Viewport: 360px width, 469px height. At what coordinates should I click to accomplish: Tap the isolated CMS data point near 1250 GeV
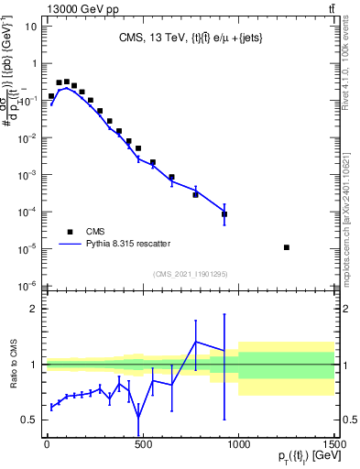(x=287, y=247)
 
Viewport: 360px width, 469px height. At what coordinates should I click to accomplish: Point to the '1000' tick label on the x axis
(x=238, y=444)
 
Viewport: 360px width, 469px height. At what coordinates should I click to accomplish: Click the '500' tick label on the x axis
(x=142, y=444)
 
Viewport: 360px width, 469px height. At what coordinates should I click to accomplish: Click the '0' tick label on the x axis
(x=47, y=444)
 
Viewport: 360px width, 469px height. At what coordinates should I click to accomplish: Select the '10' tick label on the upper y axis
(x=28, y=27)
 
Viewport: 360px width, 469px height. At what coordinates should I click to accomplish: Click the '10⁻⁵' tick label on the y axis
(x=27, y=248)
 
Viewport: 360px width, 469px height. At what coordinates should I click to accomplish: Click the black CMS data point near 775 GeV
(x=195, y=194)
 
